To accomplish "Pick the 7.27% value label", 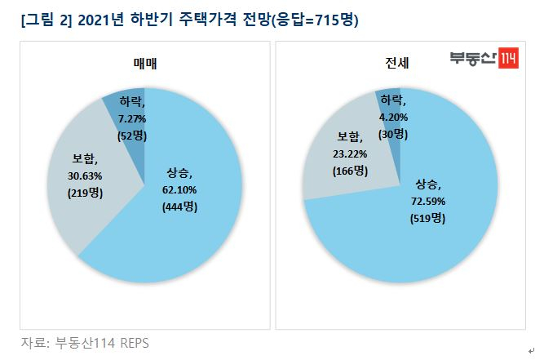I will coord(130,118).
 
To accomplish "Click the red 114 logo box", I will coord(508,60).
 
